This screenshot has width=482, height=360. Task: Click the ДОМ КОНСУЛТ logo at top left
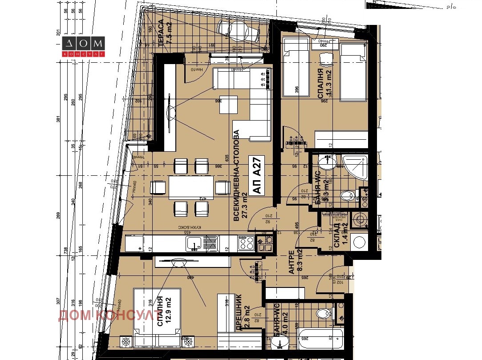[x=83, y=46]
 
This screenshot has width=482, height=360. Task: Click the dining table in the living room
[x=191, y=187]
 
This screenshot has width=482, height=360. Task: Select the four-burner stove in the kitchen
[x=247, y=243]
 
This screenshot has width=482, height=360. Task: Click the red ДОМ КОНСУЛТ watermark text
[x=107, y=315]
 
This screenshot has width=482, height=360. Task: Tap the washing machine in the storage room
[x=359, y=242]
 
